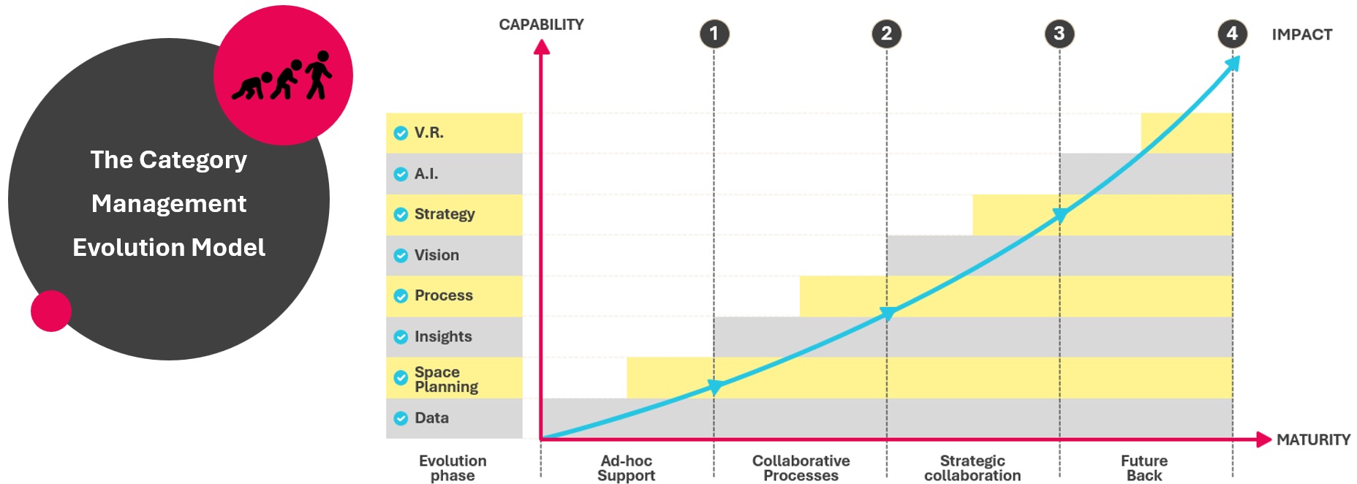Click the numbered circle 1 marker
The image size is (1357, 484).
tap(714, 34)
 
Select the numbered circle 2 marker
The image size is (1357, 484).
tap(886, 34)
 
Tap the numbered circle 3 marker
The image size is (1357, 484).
tap(1059, 34)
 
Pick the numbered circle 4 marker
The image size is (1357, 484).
tap(1232, 34)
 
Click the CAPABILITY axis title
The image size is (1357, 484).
tap(541, 25)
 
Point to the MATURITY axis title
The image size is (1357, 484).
tap(1313, 439)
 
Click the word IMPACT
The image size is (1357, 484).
tap(1301, 34)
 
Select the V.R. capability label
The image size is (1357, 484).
tap(428, 132)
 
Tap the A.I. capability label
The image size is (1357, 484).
tap(426, 173)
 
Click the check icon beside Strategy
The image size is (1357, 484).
tap(401, 214)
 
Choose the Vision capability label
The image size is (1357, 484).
tap(436, 255)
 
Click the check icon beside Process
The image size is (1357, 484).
tap(401, 296)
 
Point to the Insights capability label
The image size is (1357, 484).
tap(443, 336)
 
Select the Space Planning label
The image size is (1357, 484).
tap(446, 379)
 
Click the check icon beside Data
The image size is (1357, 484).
tap(401, 418)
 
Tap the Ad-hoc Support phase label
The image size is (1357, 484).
tap(626, 468)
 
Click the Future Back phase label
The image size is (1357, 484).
tap(1144, 468)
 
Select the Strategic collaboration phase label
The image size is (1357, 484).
tap(972, 468)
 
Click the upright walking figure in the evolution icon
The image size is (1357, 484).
tap(318, 75)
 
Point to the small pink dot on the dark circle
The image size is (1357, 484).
tap(51, 311)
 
